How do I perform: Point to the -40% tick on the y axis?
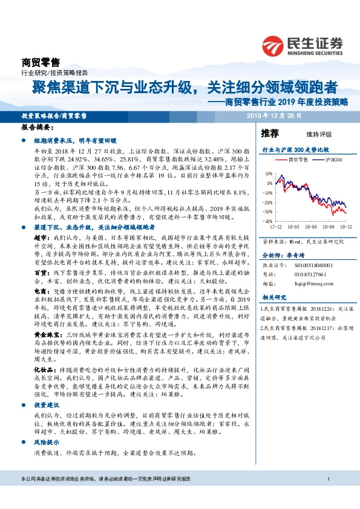pyautogui.click(x=267, y=222)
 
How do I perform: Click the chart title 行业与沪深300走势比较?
pyautogui.click(x=295, y=148)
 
